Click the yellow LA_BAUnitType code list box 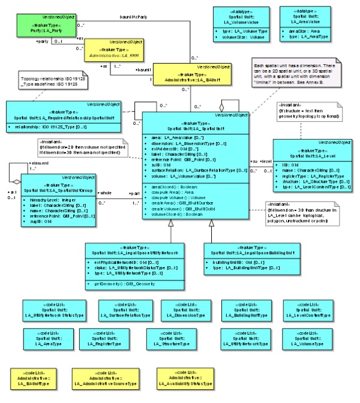41,379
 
